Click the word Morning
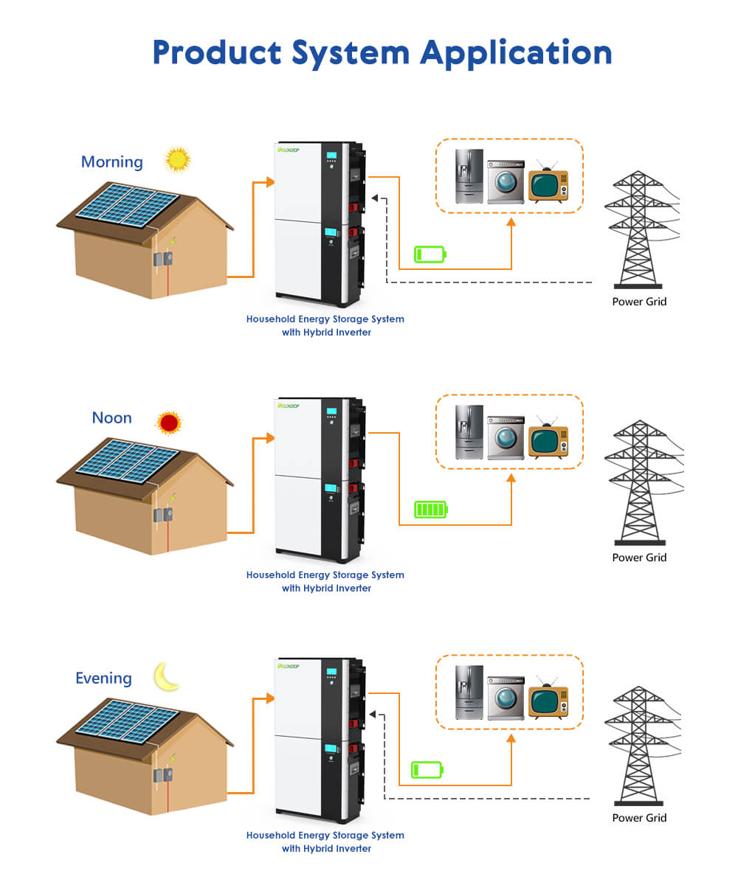click(x=111, y=162)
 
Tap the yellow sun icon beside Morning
click(x=177, y=159)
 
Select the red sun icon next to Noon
click(x=169, y=423)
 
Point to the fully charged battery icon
click(x=431, y=510)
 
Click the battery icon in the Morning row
click(x=430, y=255)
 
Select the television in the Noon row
click(x=548, y=440)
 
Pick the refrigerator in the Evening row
click(x=469, y=692)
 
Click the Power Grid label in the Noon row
click(x=639, y=558)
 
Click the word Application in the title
click(x=517, y=52)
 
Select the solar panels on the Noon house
click(x=129, y=460)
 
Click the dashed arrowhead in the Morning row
click(x=375, y=198)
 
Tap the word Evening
click(x=103, y=678)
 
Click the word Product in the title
click(x=217, y=52)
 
